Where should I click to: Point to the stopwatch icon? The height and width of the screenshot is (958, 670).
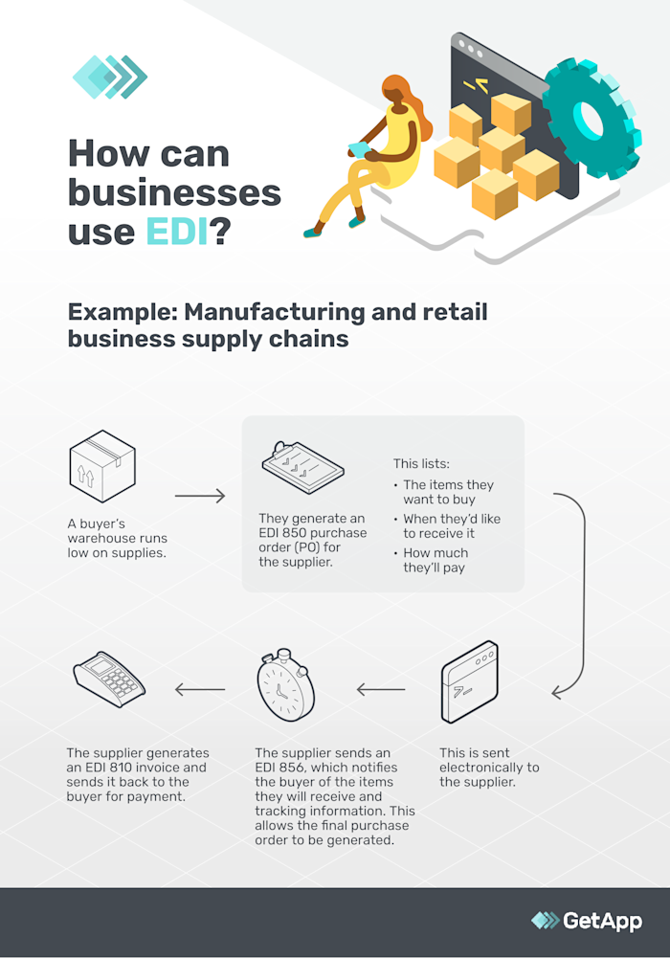(x=285, y=690)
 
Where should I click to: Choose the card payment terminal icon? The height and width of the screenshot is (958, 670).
(x=109, y=681)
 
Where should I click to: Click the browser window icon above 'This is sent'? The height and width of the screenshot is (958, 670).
(x=468, y=681)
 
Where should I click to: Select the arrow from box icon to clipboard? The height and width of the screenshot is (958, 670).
(x=200, y=497)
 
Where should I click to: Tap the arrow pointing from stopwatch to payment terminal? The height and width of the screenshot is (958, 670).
(x=199, y=689)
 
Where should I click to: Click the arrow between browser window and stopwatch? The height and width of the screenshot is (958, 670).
(x=381, y=689)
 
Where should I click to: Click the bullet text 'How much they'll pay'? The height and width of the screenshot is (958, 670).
(x=436, y=560)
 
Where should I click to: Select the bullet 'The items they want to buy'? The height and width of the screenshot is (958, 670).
(x=448, y=492)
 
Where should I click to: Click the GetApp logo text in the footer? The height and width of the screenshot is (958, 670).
(x=603, y=921)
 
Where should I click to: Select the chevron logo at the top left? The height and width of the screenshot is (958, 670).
(x=109, y=77)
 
